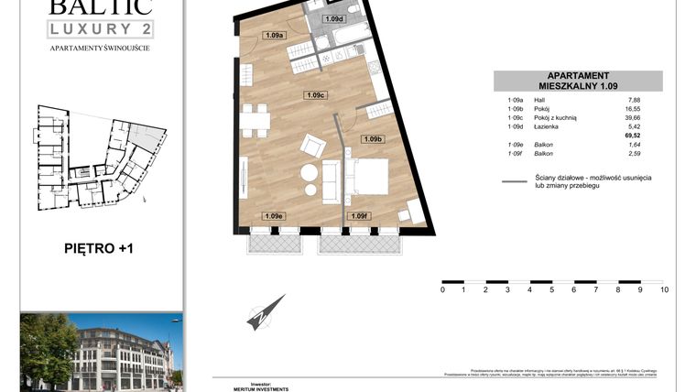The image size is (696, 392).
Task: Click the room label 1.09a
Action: click(273, 36)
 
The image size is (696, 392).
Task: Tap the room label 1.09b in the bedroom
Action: click(372, 139)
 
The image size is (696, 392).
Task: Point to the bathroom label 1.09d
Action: click(334, 18)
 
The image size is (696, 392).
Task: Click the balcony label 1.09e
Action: click(273, 216)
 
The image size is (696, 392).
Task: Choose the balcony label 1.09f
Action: click(360, 216)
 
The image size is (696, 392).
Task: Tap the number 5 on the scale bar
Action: click(552, 289)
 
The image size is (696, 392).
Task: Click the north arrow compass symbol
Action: click(266, 313)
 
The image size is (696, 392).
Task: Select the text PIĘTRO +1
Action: click(102, 247)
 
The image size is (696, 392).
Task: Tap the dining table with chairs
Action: click(256, 119)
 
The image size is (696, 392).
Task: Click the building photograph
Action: click(101, 353)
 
